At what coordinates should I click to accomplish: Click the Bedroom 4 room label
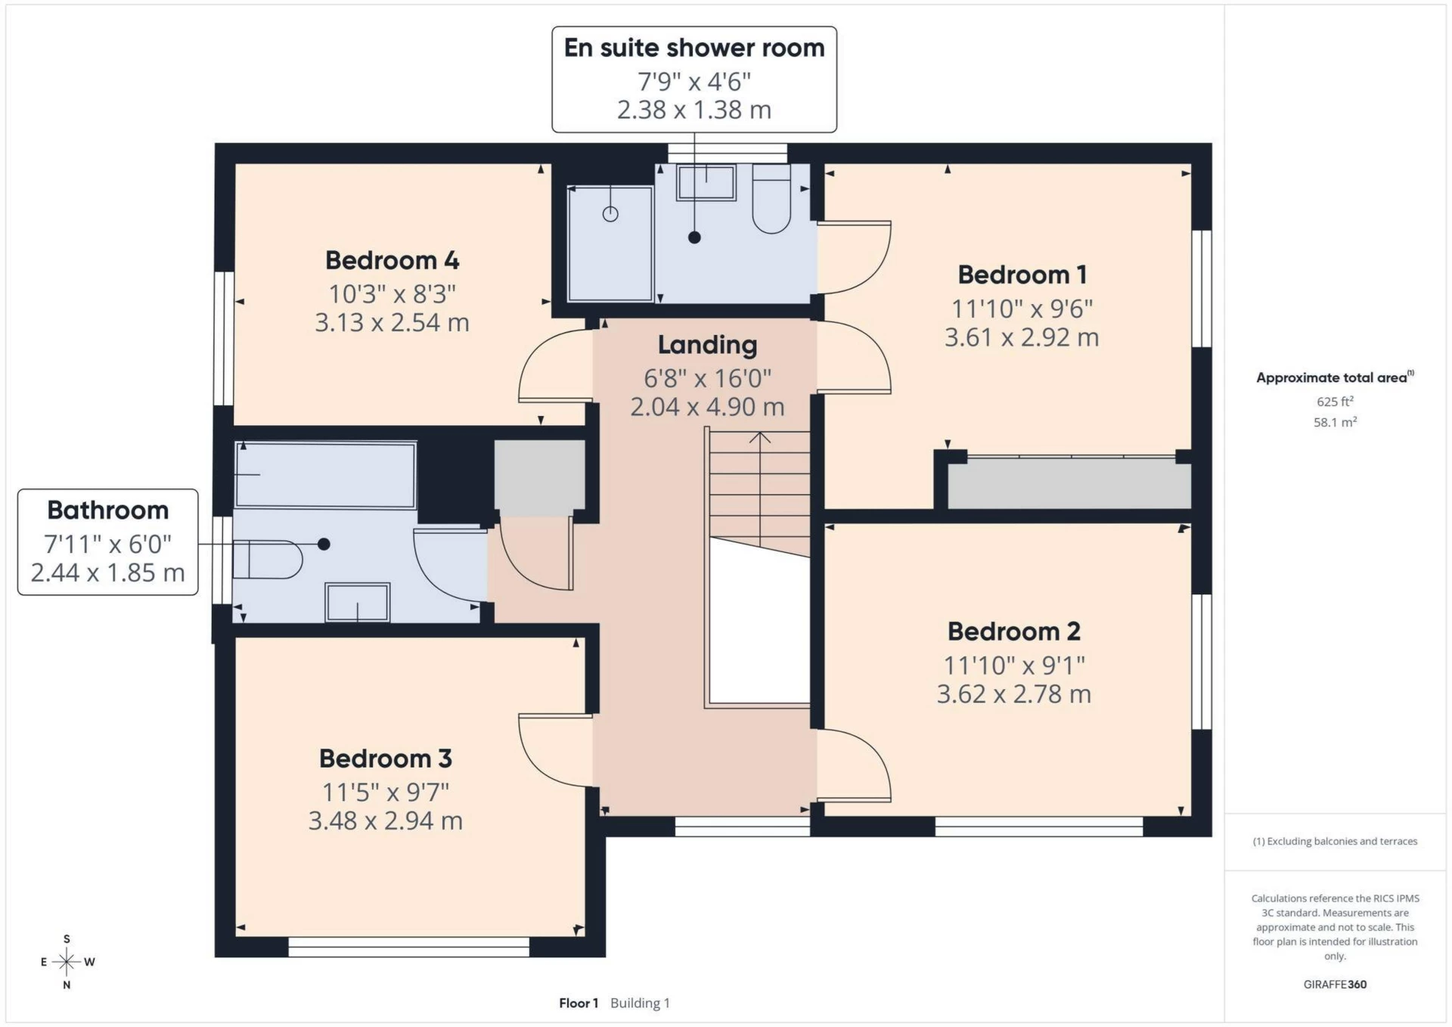click(x=392, y=260)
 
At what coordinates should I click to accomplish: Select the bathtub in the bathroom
click(x=325, y=475)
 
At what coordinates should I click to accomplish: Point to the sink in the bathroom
click(x=357, y=603)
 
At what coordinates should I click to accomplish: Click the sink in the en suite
click(x=706, y=183)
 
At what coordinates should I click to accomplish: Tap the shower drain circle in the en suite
click(x=610, y=214)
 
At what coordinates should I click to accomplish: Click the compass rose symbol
click(x=67, y=962)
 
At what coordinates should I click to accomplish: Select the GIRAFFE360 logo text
click(x=1335, y=984)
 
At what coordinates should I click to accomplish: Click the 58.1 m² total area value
click(x=1335, y=422)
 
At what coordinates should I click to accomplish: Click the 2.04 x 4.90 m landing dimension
click(x=707, y=407)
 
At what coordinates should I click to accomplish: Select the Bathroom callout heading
click(x=107, y=510)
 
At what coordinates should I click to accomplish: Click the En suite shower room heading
click(x=693, y=48)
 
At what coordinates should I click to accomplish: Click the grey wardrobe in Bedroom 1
click(x=1069, y=484)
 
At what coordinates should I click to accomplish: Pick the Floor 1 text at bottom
click(x=579, y=1003)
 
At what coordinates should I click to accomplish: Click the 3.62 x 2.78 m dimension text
click(x=1013, y=694)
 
